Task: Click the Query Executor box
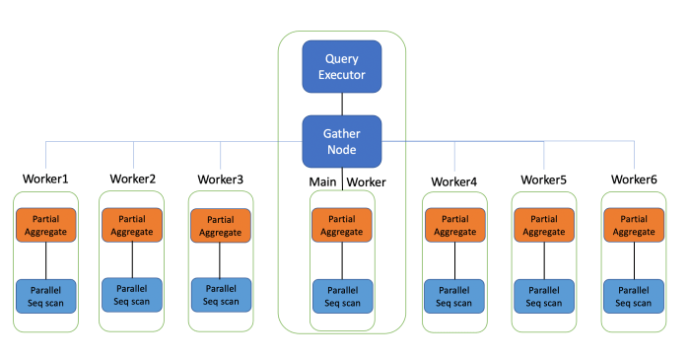pyautogui.click(x=341, y=66)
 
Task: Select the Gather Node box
pyautogui.click(x=341, y=141)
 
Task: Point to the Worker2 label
pyautogui.click(x=133, y=179)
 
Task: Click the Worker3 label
pyautogui.click(x=221, y=179)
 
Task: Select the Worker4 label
pyautogui.click(x=454, y=181)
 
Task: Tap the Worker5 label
pyautogui.click(x=544, y=180)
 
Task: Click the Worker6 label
pyautogui.click(x=634, y=179)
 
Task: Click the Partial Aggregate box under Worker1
pyautogui.click(x=45, y=224)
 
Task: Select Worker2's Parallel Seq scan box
pyautogui.click(x=133, y=294)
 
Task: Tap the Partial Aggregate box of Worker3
pyautogui.click(x=221, y=225)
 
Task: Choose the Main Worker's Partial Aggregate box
pyautogui.click(x=342, y=224)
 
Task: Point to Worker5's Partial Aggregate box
pyautogui.click(x=544, y=224)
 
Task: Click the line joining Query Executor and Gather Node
pyautogui.click(x=341, y=105)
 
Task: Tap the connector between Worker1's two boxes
pyautogui.click(x=45, y=260)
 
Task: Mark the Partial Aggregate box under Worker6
pyautogui.click(x=634, y=224)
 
